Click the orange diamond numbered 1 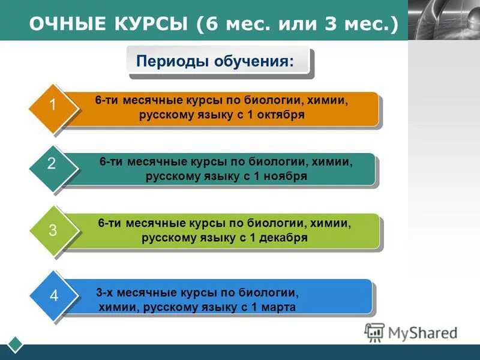tap(53, 106)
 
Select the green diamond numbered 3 tap(53, 230)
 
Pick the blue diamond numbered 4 tap(53, 296)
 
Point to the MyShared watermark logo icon tap(374, 332)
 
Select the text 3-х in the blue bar tap(106, 293)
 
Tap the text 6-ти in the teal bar tap(111, 161)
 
